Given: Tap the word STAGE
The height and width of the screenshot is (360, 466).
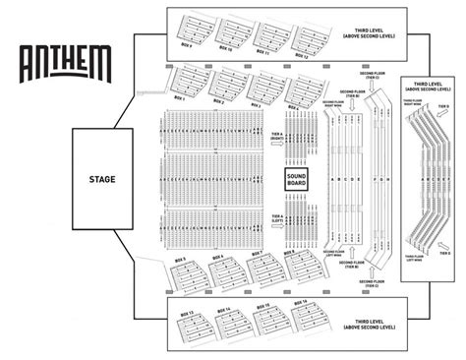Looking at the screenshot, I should pos(101,179).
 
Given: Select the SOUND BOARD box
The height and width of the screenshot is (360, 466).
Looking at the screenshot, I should pos(297,180).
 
